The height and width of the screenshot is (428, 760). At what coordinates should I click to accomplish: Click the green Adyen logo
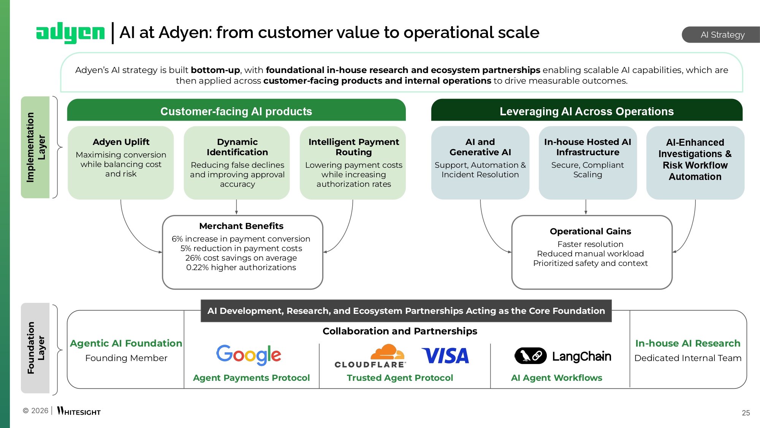(70, 33)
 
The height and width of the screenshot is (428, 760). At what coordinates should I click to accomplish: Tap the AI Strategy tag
(722, 35)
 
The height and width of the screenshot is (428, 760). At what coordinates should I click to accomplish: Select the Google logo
(249, 355)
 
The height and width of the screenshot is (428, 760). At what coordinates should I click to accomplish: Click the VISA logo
(445, 356)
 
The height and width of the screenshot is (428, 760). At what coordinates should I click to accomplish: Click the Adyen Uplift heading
(121, 142)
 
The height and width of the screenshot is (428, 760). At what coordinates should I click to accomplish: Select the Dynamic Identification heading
(237, 147)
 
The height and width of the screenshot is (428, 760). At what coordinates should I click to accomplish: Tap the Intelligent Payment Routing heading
(353, 147)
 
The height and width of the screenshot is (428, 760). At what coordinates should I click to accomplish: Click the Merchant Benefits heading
(241, 226)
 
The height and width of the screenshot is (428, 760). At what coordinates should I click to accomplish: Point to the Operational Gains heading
(590, 231)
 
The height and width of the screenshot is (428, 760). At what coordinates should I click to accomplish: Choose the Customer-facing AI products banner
(236, 111)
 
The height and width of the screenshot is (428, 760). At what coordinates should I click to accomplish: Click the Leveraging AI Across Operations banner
(586, 111)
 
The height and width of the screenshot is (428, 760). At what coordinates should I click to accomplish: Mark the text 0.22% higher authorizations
(241, 267)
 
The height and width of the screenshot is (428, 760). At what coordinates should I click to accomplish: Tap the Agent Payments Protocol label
(251, 378)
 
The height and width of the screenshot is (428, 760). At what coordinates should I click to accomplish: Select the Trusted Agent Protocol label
(400, 378)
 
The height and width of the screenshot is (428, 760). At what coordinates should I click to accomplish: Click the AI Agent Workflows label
(556, 378)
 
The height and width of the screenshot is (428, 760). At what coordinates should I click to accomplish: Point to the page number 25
(746, 413)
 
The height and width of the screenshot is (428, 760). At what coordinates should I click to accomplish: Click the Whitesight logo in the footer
(79, 411)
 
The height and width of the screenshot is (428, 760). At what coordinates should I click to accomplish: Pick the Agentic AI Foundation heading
(126, 343)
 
